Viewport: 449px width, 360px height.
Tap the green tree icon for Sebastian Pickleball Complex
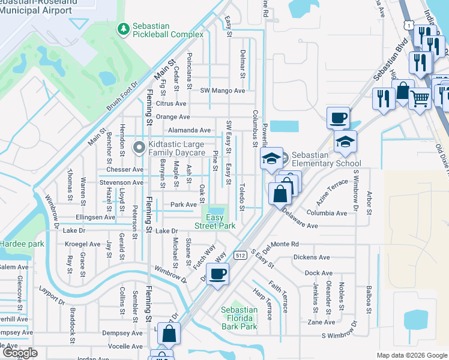(123, 29)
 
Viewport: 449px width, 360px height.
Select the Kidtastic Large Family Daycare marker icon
(139, 146)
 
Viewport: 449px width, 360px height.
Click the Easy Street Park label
(215, 221)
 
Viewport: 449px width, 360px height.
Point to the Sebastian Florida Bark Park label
(239, 318)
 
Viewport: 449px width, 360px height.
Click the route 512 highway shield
(240, 254)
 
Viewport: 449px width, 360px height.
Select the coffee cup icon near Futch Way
(217, 274)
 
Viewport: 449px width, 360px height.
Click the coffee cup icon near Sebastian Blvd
(339, 116)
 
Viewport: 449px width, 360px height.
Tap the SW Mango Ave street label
(223, 91)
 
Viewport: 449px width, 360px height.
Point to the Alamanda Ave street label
(190, 130)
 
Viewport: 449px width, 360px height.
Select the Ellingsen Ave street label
(95, 217)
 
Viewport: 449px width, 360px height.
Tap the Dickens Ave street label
(312, 257)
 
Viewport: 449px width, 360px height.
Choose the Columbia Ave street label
(327, 213)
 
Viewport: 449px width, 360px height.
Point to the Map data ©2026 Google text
(411, 355)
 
